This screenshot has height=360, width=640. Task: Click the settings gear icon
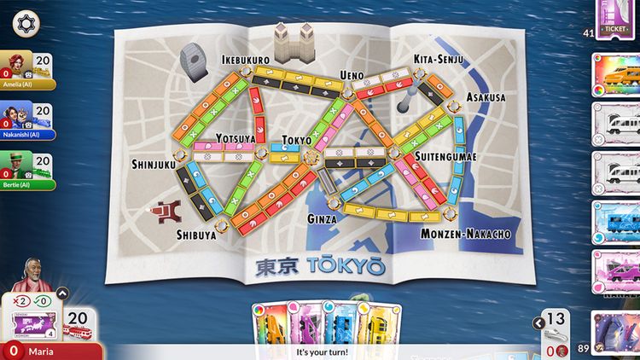point(26,23)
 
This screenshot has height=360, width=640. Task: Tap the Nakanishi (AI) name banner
point(28,134)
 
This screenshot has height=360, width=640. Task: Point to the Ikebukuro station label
point(246,60)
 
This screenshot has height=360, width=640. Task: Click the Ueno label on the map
point(351,75)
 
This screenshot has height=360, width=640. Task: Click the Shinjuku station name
point(154,162)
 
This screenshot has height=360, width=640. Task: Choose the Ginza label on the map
point(322,219)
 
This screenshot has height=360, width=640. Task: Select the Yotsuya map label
point(236,138)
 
